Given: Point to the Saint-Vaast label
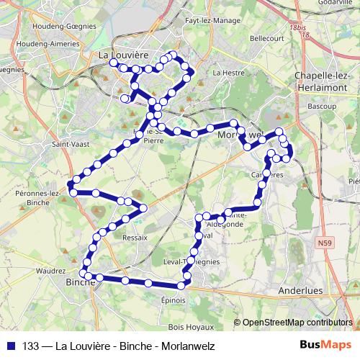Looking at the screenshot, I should tap(66, 143).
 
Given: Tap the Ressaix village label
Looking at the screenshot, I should tap(135, 237).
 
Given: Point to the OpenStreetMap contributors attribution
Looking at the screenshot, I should tap(297, 323).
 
